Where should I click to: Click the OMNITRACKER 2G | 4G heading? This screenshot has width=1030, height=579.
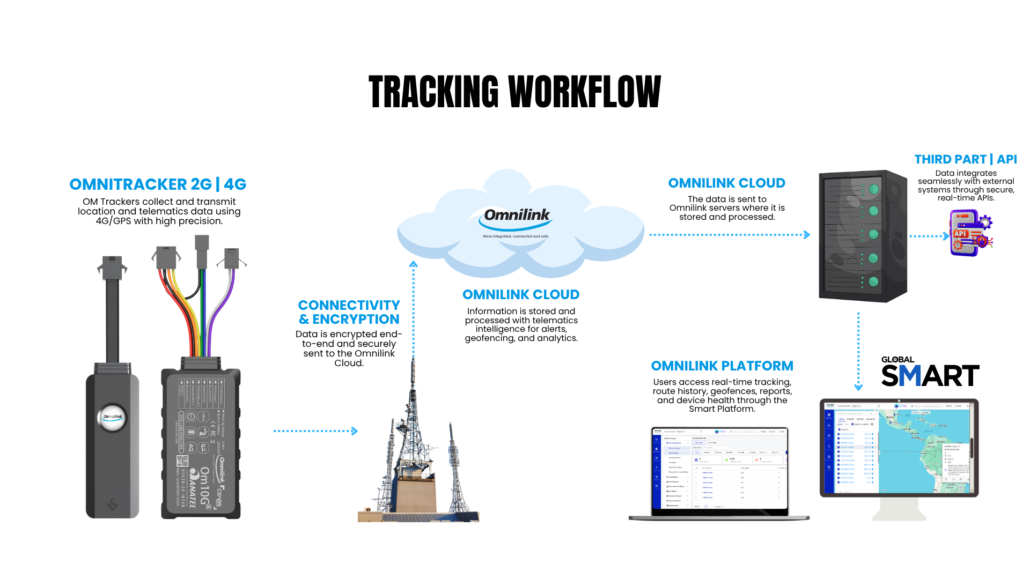click(158, 184)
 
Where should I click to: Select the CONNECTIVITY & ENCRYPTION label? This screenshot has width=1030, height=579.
click(349, 312)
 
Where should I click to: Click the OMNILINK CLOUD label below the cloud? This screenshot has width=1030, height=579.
click(520, 294)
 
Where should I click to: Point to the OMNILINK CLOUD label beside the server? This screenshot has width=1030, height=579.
click(726, 183)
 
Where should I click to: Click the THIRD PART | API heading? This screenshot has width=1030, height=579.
click(965, 159)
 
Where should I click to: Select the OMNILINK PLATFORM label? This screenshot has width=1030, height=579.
click(722, 366)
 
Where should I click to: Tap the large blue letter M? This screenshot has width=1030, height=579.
click(910, 375)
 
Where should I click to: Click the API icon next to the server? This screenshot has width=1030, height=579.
click(970, 233)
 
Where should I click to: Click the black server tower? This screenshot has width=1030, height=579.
click(862, 236)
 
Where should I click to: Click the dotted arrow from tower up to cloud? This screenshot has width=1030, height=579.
click(413, 311)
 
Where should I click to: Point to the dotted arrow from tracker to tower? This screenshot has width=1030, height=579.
click(315, 430)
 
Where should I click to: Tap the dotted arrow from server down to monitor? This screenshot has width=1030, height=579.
click(858, 351)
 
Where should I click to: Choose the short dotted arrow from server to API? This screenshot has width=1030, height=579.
click(929, 235)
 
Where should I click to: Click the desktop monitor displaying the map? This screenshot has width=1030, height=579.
click(899, 448)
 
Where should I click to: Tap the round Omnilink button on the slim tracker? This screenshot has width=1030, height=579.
click(113, 417)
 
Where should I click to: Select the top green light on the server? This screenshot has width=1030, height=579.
click(874, 189)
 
